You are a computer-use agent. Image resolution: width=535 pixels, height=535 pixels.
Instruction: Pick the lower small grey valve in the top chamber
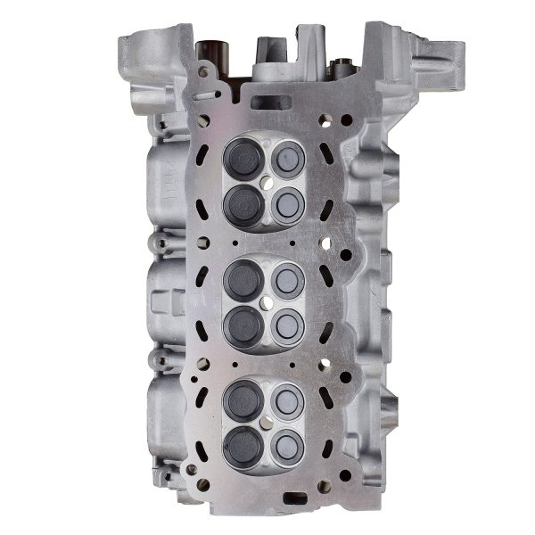coord(290,204)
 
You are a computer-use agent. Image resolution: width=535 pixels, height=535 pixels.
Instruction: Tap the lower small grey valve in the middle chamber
coord(289,323)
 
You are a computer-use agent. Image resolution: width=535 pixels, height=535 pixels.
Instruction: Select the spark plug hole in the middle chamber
coord(267,301)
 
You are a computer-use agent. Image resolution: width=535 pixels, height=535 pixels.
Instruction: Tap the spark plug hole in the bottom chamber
coord(267,420)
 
